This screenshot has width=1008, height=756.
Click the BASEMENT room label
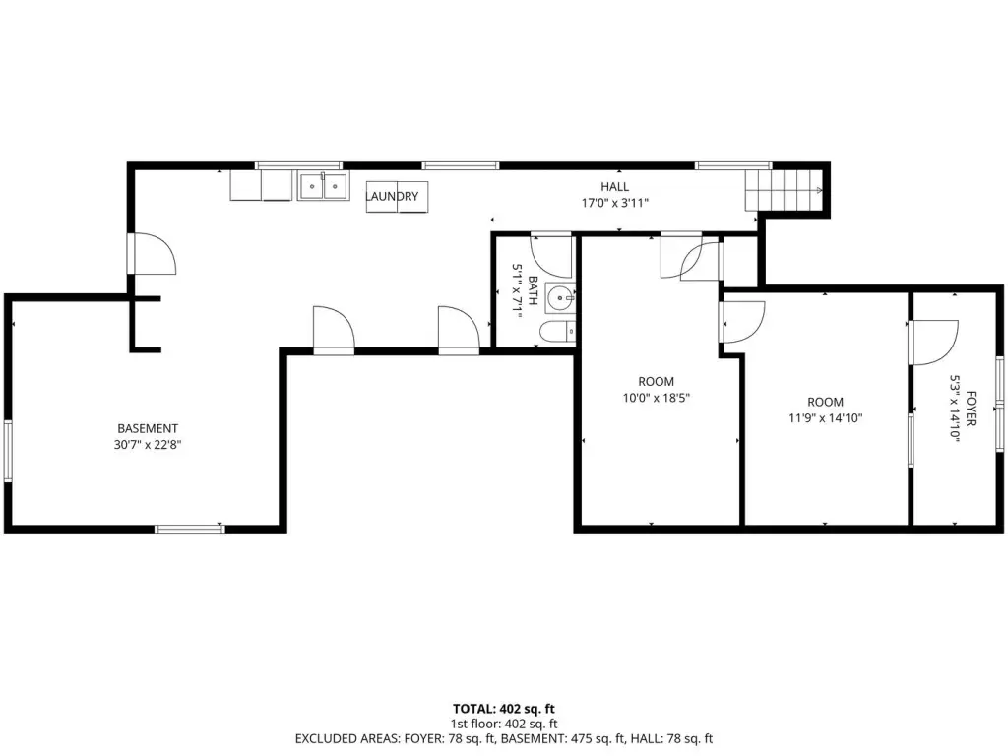coord(148,428)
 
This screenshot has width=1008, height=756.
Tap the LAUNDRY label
coord(392,196)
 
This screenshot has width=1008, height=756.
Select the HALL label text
coord(615,187)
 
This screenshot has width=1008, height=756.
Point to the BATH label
coord(533,290)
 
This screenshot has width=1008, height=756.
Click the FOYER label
coord(970,409)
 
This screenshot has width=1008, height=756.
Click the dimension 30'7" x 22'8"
coord(148,444)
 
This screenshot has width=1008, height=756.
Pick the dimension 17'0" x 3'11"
coord(615,203)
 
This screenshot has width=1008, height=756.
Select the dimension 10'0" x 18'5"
coord(656,398)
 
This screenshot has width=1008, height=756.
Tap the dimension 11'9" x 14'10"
coord(826,418)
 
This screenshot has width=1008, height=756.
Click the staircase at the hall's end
coord(784,190)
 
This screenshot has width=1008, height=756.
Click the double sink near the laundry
coord(323,186)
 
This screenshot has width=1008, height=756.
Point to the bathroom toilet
coord(557,332)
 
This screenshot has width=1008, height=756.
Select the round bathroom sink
coord(560,298)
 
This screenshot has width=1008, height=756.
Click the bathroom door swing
coord(551,256)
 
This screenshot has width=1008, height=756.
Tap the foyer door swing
coord(935,343)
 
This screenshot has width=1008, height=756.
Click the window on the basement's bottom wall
coord(190,529)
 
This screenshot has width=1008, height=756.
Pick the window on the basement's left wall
coord(8,451)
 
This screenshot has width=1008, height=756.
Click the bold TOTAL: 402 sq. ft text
coord(503,709)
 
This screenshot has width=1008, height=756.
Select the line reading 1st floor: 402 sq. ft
coord(503,724)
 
